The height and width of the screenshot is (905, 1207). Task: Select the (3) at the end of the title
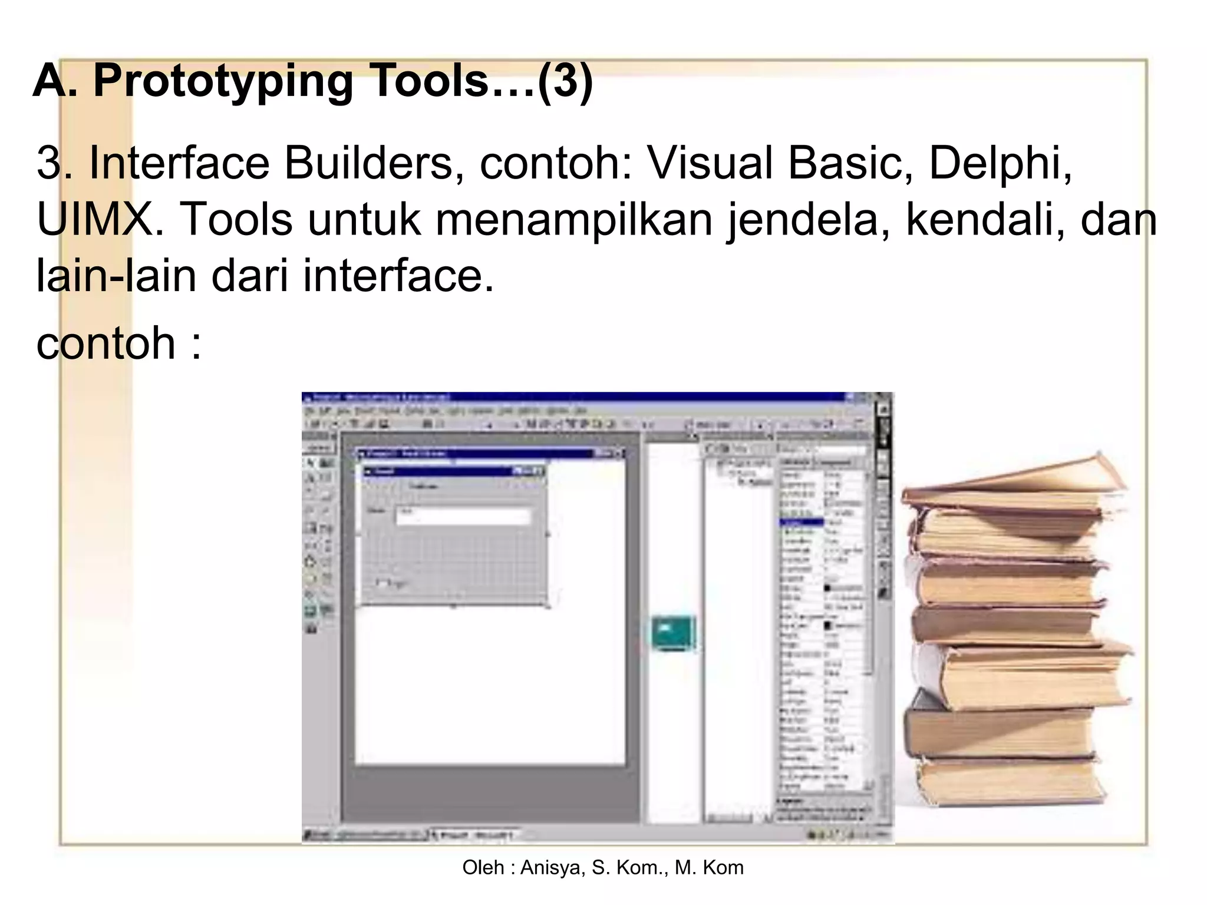pyautogui.click(x=565, y=81)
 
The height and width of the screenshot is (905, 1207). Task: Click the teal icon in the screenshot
pyautogui.click(x=674, y=633)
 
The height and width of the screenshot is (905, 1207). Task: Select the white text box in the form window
pyautogui.click(x=464, y=516)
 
